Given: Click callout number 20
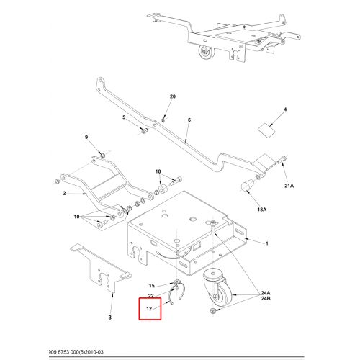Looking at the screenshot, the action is pyautogui.click(x=173, y=96).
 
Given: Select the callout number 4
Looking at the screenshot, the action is pyautogui.click(x=285, y=109).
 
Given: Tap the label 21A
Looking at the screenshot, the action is pyautogui.click(x=289, y=186).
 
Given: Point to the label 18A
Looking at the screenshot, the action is pyautogui.click(x=262, y=210).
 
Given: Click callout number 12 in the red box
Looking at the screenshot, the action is pyautogui.click(x=149, y=308).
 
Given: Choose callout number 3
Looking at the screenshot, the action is pyautogui.click(x=110, y=318).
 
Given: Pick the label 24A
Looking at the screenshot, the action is pyautogui.click(x=266, y=293).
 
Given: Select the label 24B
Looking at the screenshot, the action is pyautogui.click(x=266, y=299).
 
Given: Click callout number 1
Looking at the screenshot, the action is pyautogui.click(x=266, y=243).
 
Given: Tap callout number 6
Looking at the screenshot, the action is pyautogui.click(x=189, y=120).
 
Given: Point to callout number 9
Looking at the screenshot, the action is pyautogui.click(x=86, y=137).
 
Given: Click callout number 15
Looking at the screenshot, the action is pyautogui.click(x=152, y=286).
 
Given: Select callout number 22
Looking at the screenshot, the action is pyautogui.click(x=150, y=296).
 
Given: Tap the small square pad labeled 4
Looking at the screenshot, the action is pyautogui.click(x=266, y=130).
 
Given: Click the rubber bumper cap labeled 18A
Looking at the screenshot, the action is pyautogui.click(x=246, y=186).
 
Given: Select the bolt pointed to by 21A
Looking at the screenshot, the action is pyautogui.click(x=282, y=159).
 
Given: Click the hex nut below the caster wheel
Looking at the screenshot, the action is pyautogui.click(x=212, y=311).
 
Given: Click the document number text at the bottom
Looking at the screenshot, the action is pyautogui.click(x=76, y=352).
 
